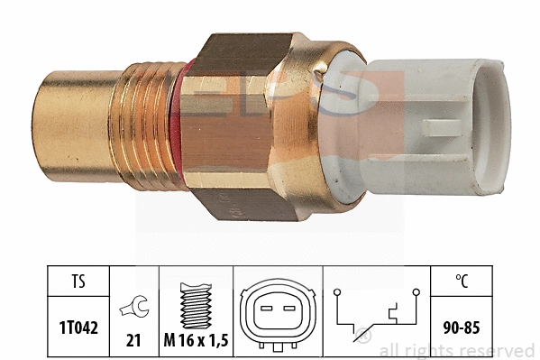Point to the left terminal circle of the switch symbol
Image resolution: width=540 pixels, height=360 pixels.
click(336, 292)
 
